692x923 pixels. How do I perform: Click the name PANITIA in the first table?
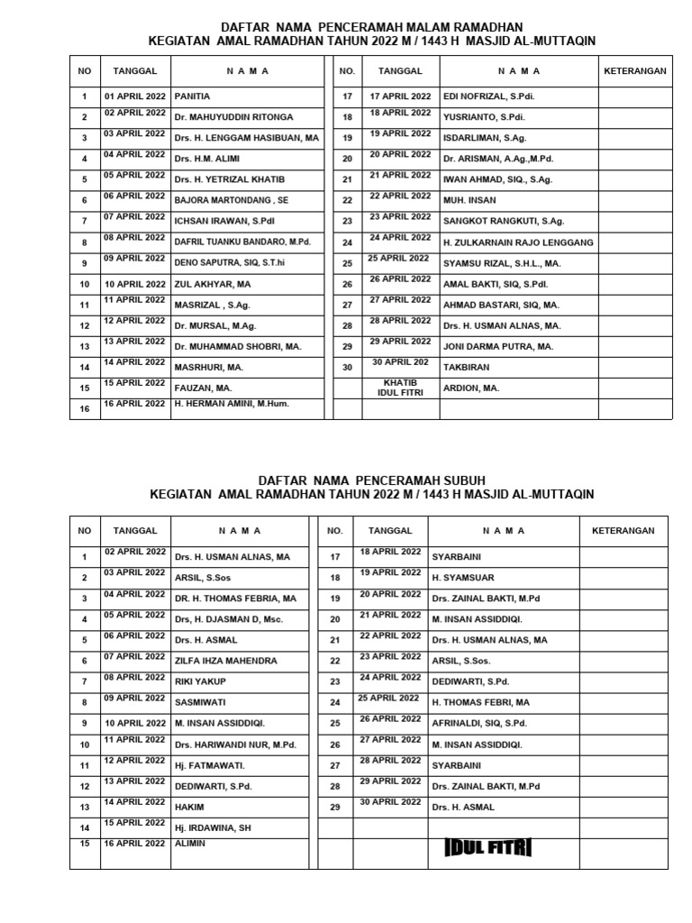point(192,96)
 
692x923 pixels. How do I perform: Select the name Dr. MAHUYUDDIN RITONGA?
point(233,117)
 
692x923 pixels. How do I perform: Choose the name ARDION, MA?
point(470,388)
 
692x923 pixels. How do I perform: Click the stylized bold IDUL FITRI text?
point(487,847)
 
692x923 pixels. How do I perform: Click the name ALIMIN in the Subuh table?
point(190,844)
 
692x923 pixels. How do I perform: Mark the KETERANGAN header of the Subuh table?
point(623,531)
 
